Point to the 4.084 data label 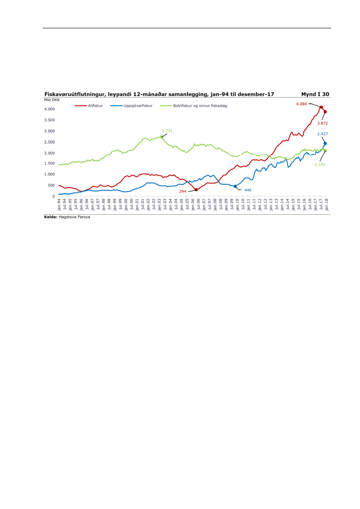[x=301, y=104]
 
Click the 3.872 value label [x=323, y=123]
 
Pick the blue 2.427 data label [x=323, y=134]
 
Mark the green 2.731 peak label [x=167, y=130]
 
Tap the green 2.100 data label [x=319, y=164]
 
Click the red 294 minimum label [x=183, y=191]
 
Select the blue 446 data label [x=248, y=190]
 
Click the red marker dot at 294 [x=196, y=189]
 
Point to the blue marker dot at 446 [x=235, y=186]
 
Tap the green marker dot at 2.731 [x=162, y=137]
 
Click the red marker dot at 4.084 [x=321, y=107]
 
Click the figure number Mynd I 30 [x=315, y=94]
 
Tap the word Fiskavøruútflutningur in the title [x=73, y=94]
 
